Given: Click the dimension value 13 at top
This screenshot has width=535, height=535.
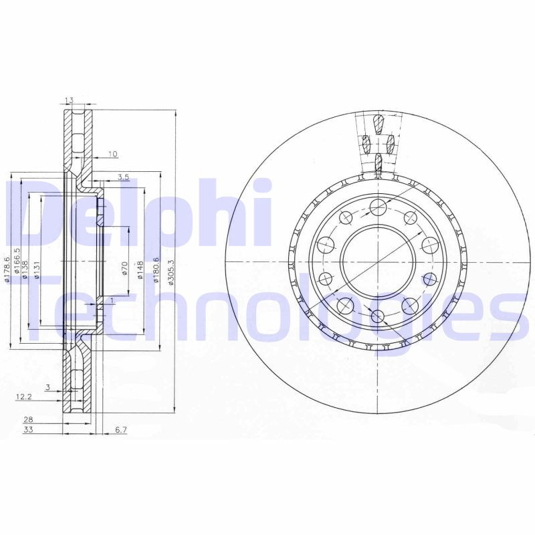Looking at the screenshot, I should [x=69, y=101].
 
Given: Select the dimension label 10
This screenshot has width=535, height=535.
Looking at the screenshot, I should [x=112, y=154].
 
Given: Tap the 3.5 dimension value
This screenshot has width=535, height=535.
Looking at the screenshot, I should [x=123, y=177].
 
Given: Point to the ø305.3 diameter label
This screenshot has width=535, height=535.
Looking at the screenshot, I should [x=171, y=272].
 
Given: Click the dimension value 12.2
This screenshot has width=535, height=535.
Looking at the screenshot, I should [x=23, y=397].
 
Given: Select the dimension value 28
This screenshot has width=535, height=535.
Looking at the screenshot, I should [x=29, y=419].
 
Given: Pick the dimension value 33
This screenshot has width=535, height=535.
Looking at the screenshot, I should [x=29, y=430].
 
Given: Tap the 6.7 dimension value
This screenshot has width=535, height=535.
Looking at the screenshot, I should [x=121, y=430].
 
